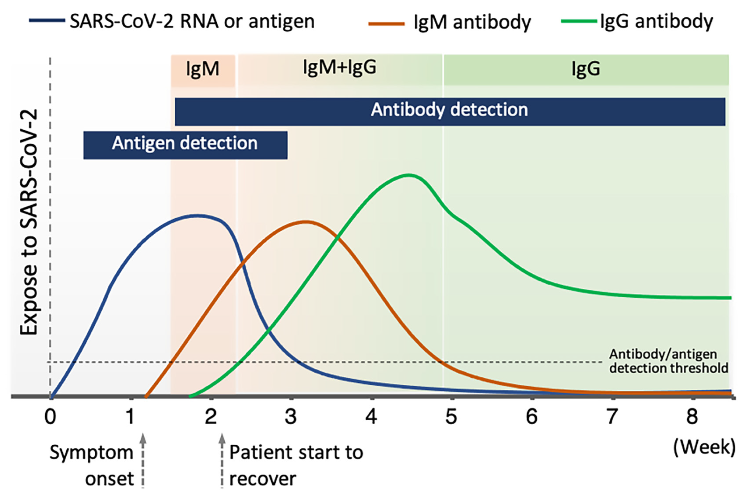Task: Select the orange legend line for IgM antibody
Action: (x=386, y=23)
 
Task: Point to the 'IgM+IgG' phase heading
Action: (x=340, y=67)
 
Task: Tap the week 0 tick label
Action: (x=50, y=417)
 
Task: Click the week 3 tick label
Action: (x=290, y=417)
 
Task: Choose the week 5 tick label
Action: (x=451, y=417)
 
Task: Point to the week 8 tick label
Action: (x=692, y=417)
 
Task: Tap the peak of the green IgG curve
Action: (x=409, y=175)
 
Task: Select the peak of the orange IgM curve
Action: (x=305, y=222)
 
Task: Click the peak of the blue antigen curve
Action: (x=198, y=216)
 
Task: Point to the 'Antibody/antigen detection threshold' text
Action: (x=668, y=361)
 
